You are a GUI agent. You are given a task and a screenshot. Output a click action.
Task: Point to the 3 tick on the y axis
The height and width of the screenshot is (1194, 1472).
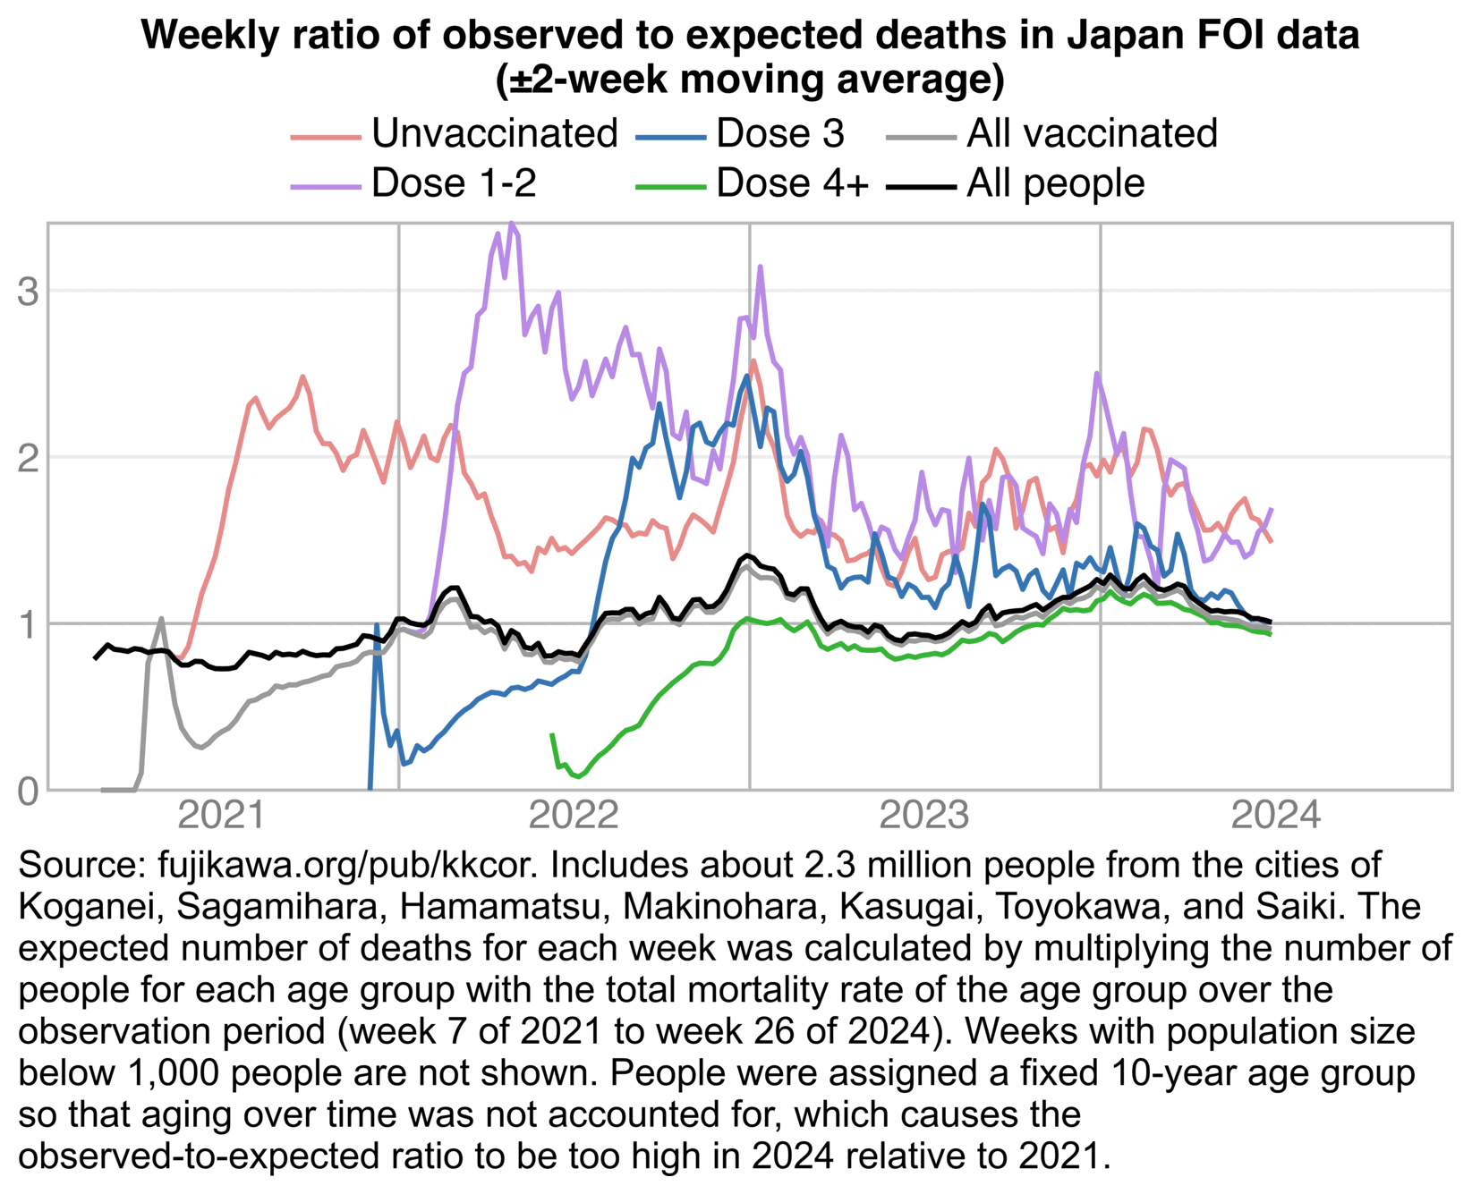coord(28,292)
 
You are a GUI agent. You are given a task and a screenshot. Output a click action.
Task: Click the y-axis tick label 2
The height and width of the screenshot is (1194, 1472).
coord(28,458)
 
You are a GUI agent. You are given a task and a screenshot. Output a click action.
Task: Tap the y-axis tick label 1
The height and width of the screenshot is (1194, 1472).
coord(28,624)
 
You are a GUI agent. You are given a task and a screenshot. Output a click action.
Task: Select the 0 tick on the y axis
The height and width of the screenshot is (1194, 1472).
coord(28,792)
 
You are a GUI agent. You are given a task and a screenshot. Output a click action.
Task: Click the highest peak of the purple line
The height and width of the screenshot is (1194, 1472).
coord(511,224)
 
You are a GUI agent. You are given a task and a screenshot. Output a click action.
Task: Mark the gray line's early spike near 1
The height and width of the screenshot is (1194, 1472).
coord(161,619)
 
